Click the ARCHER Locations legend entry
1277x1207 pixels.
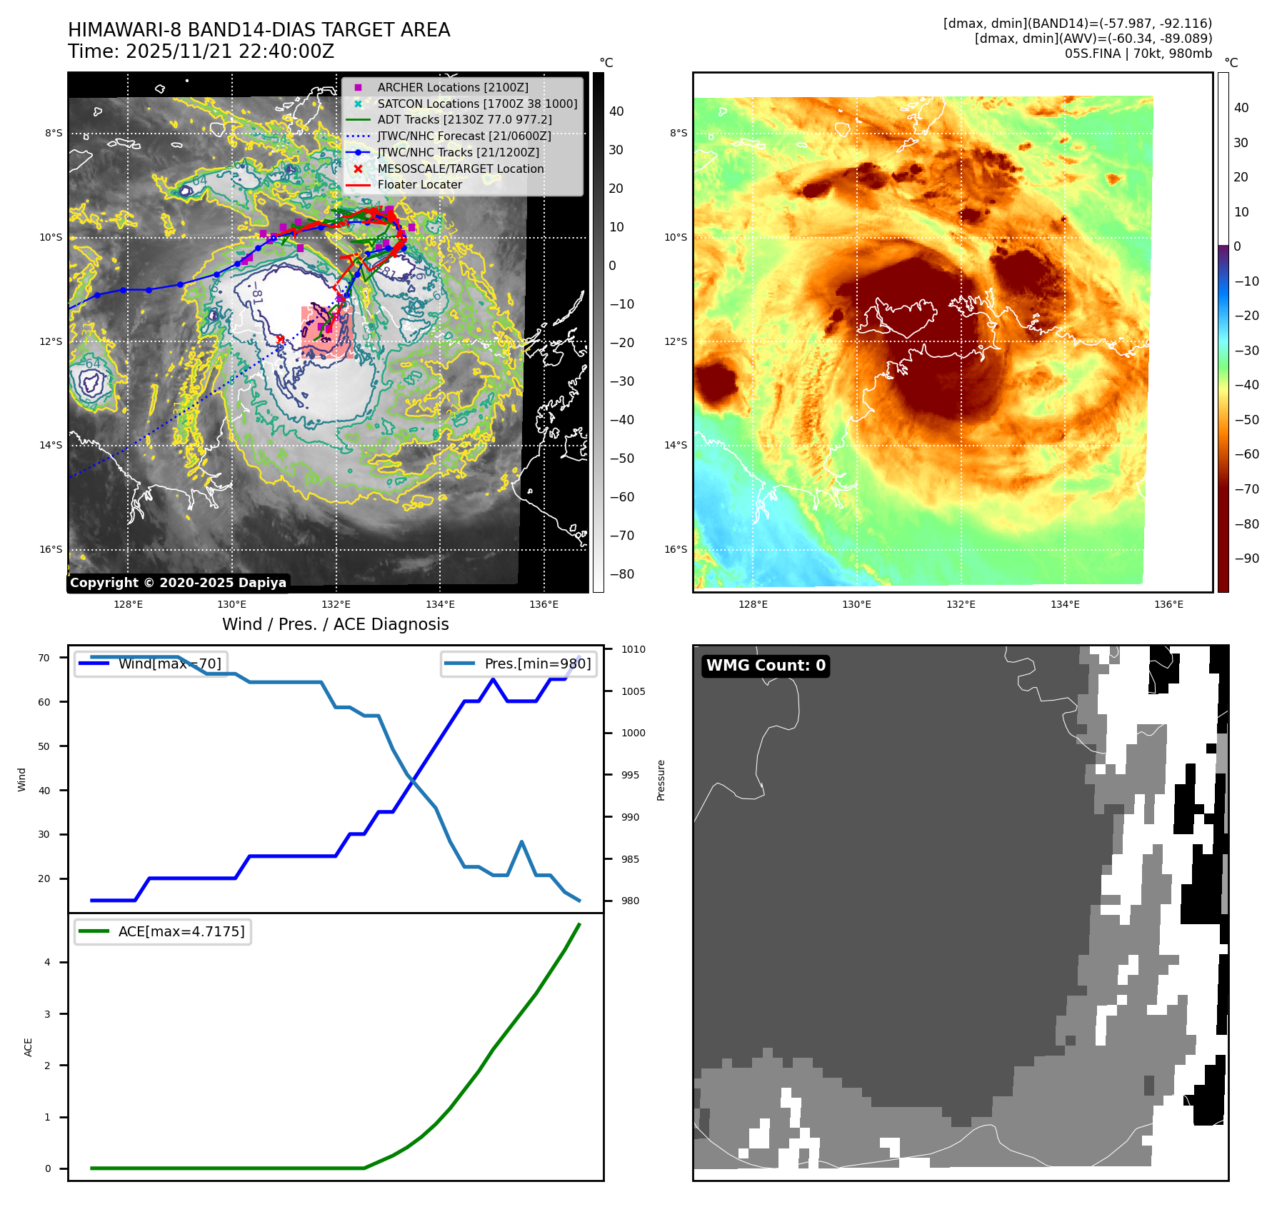[x=453, y=87]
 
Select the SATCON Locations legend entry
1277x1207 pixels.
[x=477, y=104]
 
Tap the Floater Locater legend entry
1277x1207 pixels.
[x=419, y=184]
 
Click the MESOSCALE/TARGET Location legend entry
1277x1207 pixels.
[x=460, y=169]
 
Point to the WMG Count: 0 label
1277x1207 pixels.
[x=766, y=666]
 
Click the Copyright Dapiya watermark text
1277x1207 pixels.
[x=178, y=583]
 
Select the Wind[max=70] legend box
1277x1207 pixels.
[x=151, y=663]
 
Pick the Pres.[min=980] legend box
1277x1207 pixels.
[x=519, y=663]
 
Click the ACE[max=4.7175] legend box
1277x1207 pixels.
[x=163, y=931]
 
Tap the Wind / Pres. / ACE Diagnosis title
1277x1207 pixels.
[x=336, y=624]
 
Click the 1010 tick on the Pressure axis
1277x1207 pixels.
[x=633, y=649]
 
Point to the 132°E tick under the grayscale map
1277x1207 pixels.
[x=336, y=604]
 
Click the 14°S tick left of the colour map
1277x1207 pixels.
[x=675, y=445]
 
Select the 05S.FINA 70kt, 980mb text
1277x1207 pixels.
[x=1138, y=54]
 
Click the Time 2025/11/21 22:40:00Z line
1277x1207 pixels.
[x=201, y=51]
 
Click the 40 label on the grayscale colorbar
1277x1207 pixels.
[x=616, y=111]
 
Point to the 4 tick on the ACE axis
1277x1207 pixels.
[x=48, y=962]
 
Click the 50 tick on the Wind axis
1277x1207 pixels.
[x=44, y=746]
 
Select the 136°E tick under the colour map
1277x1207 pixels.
[x=1168, y=604]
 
